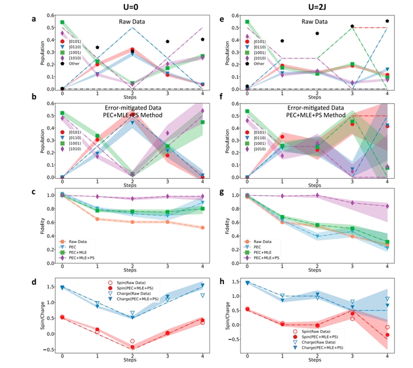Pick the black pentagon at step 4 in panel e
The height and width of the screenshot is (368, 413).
(387, 21)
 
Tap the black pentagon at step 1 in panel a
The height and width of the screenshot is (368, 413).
(97, 48)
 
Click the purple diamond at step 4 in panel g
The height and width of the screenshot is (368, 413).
(387, 206)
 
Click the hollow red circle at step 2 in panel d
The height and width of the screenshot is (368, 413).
(132, 341)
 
